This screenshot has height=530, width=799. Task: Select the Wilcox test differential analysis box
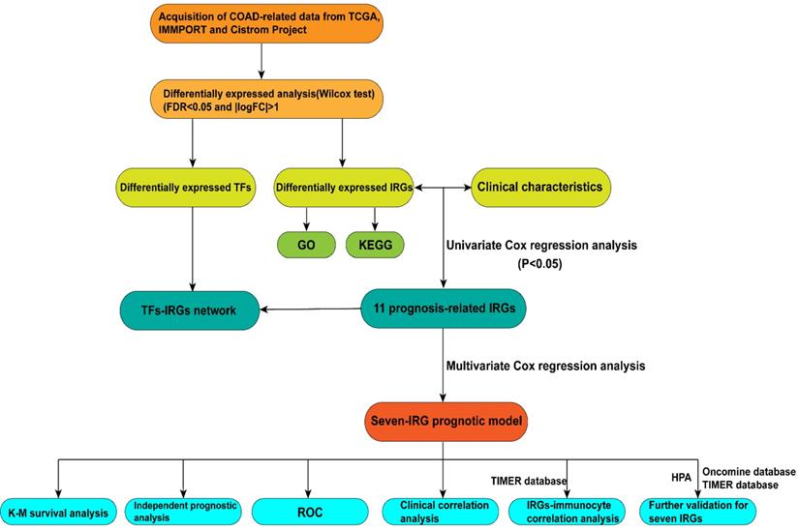tap(264, 100)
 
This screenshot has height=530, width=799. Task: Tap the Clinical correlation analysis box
tap(441, 509)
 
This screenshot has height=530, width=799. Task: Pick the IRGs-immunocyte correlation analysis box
tap(566, 509)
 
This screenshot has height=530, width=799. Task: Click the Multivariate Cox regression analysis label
tap(545, 367)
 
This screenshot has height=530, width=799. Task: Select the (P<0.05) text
tap(538, 263)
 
